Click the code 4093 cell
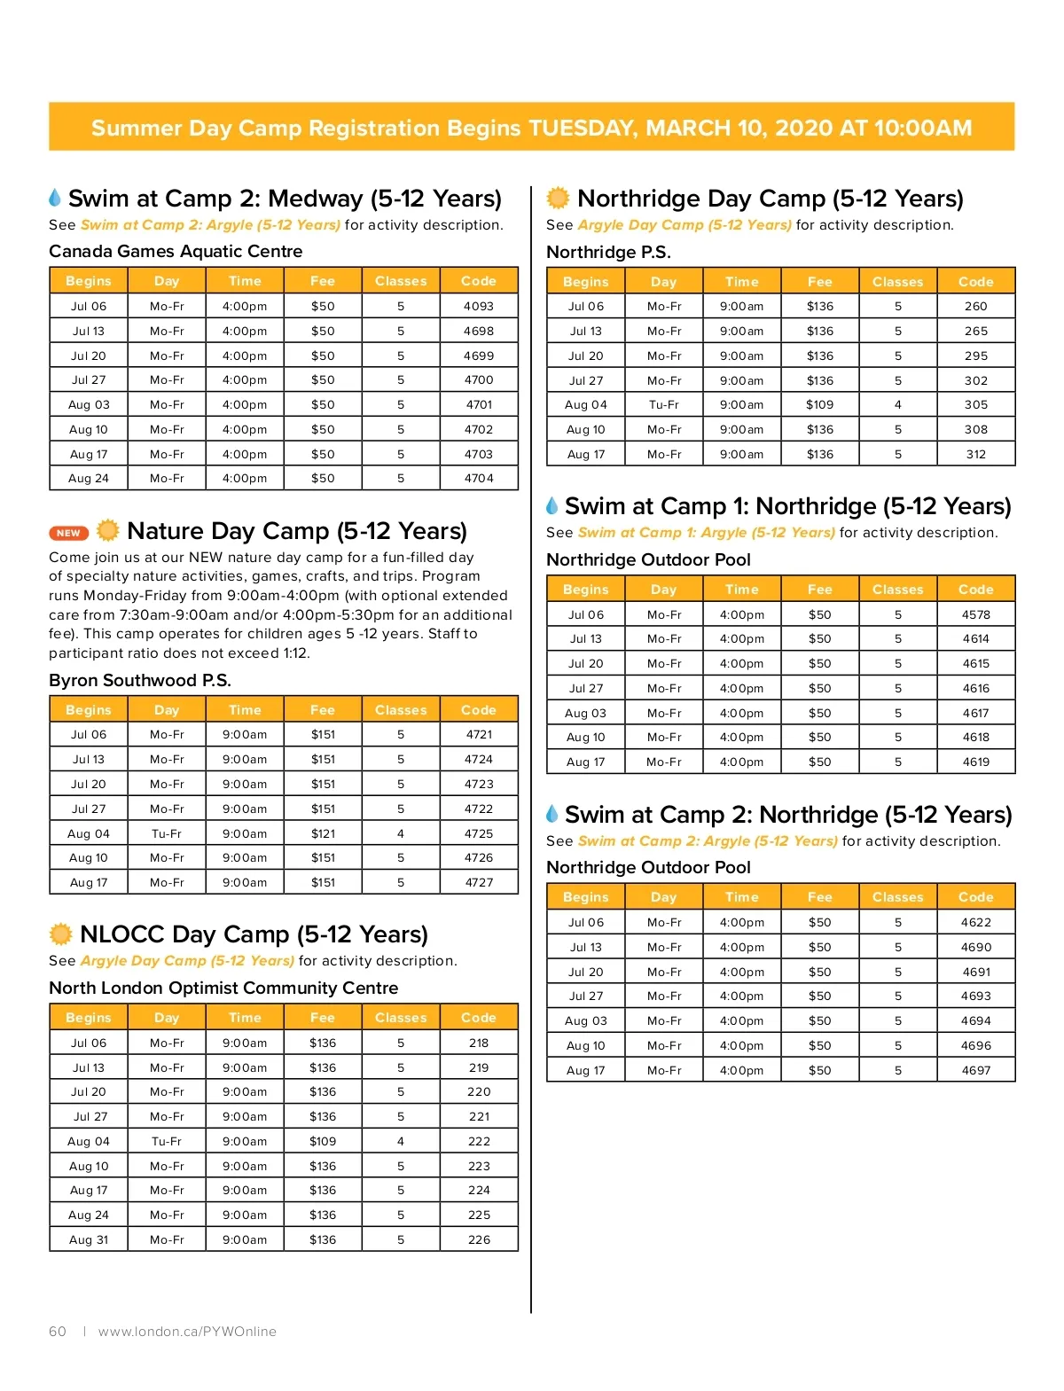(x=478, y=306)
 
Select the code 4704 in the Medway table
(x=478, y=478)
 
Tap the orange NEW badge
(x=68, y=533)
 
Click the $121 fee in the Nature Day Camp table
(x=323, y=833)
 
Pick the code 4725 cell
(x=478, y=833)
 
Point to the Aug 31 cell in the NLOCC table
(x=89, y=1239)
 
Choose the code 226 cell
(x=478, y=1239)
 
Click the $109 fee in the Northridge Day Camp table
(x=819, y=404)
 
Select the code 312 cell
(x=975, y=454)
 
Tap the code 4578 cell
(x=975, y=614)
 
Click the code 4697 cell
(x=975, y=1070)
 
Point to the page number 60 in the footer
(x=58, y=1331)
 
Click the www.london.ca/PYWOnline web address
(x=187, y=1331)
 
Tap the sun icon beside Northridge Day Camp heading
(x=558, y=198)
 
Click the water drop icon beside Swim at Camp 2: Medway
(x=55, y=197)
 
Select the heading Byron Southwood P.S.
(x=140, y=680)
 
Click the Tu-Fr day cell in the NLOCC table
(x=167, y=1141)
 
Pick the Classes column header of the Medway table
(x=401, y=281)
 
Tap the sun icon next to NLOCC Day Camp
(x=60, y=934)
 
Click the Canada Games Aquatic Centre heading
(x=176, y=251)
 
